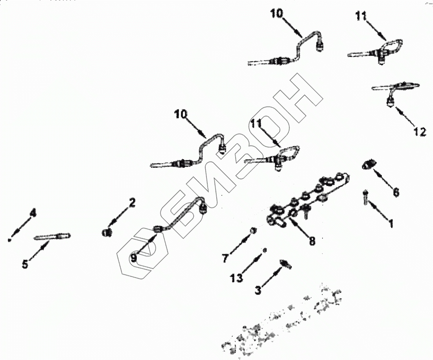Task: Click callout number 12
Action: coord(420,132)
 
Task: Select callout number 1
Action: coord(391,224)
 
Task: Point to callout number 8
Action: coord(312,241)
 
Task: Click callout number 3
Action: coord(258,290)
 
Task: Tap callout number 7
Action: coord(225,258)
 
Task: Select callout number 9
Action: coord(134,258)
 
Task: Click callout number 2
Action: coord(132,203)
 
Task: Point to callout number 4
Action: coord(33,213)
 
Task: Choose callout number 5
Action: coord(25,264)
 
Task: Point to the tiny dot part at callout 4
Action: coord(9,239)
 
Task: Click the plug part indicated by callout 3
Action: coord(285,264)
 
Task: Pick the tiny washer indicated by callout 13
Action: coord(265,250)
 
